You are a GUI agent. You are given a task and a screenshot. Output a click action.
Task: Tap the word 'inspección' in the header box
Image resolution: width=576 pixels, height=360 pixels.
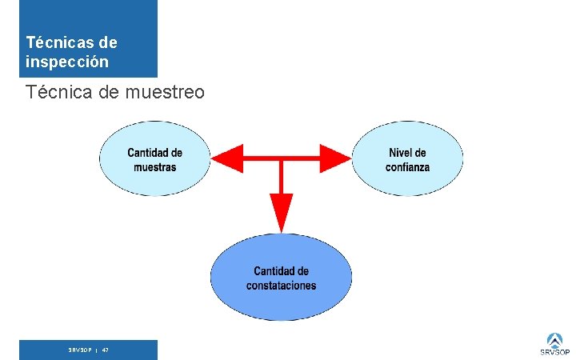pos(67,61)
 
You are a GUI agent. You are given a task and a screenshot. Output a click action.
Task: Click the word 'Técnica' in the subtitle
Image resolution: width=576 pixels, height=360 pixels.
pos(59,93)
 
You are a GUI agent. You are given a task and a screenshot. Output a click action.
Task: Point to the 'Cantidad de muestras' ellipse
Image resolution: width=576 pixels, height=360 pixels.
pos(154,158)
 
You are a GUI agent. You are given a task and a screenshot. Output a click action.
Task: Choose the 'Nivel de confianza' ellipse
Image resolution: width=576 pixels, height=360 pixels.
pos(407,158)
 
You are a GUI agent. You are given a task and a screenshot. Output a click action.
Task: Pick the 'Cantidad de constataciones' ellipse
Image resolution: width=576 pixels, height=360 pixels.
pos(281,276)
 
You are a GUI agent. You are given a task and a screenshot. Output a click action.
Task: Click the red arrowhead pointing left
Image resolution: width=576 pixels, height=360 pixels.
pos(227,158)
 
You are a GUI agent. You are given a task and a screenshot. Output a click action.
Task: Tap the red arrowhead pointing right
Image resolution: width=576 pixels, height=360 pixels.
pos(336,158)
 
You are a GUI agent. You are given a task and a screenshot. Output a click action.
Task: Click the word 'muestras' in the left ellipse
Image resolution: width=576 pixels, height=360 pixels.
pos(155,167)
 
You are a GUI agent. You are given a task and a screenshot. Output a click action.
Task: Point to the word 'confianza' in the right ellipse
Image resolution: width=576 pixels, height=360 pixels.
pos(407,167)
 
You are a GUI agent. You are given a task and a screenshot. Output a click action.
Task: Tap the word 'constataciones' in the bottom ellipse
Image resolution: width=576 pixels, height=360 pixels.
pos(281,286)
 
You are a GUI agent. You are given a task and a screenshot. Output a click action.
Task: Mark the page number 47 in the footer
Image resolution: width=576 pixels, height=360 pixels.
pos(106,350)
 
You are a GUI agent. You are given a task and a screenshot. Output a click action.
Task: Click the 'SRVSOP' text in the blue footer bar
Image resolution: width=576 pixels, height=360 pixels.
pos(79,350)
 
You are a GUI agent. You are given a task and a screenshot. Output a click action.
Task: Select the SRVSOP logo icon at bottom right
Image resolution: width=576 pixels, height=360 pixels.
pos(554,339)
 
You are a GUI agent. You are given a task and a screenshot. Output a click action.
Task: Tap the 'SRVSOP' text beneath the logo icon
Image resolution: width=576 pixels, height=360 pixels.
pos(554,352)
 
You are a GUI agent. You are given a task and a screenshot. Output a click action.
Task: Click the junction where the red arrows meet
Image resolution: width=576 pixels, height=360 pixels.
pos(281,158)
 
